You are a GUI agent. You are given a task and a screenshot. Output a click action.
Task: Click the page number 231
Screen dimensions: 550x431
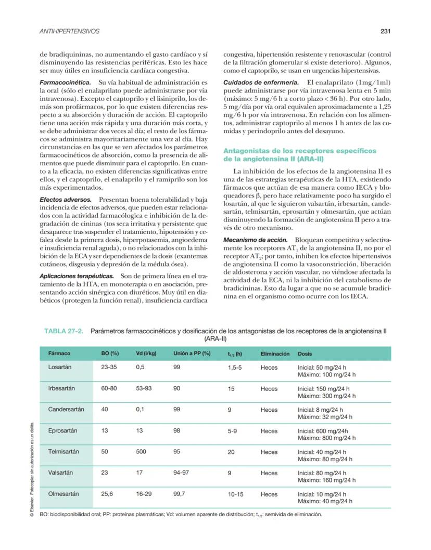(385, 31)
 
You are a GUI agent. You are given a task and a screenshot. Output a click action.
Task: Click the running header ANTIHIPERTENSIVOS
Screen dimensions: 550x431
(70, 31)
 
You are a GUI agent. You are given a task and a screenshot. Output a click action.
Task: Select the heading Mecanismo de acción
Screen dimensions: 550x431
(255, 240)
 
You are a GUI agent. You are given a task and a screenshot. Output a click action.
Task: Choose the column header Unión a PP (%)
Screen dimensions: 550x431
(191, 353)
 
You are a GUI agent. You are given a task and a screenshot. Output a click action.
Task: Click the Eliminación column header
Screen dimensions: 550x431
(275, 353)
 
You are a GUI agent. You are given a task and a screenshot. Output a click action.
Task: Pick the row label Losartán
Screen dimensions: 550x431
(60, 367)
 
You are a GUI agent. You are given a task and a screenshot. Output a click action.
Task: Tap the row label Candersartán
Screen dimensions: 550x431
(66, 410)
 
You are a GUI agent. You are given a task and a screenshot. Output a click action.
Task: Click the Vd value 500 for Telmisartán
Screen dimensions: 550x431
(141, 452)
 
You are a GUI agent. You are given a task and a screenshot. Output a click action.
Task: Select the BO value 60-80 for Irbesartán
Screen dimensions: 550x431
(109, 388)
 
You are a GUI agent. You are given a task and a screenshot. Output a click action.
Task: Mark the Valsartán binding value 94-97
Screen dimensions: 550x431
(182, 473)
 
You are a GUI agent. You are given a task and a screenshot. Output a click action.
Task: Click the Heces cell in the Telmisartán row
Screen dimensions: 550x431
(269, 452)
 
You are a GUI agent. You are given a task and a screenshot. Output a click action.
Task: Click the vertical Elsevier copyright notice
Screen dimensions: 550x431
(33, 470)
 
